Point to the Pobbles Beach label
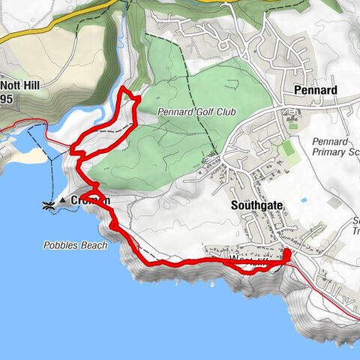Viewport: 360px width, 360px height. click(74, 245)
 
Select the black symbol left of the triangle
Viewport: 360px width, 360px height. click(47, 203)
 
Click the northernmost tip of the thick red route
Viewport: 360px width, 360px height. click(123, 88)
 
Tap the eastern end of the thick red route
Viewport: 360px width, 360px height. click(287, 255)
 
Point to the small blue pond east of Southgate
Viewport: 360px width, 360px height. click(303, 200)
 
